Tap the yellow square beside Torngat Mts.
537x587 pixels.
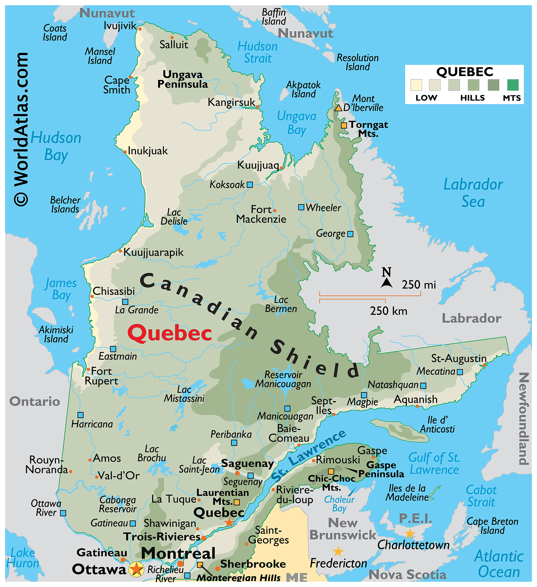pyautogui.click(x=344, y=125)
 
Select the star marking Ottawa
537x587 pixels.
pyautogui.click(x=136, y=569)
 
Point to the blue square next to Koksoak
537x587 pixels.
pyautogui.click(x=250, y=185)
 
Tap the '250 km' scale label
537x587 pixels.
pyautogui.click(x=389, y=311)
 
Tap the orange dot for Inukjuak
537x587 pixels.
pyautogui.click(x=125, y=152)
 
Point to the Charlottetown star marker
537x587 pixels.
pyautogui.click(x=409, y=534)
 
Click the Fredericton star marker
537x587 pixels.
pyautogui.click(x=338, y=551)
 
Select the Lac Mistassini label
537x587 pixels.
pyautogui.click(x=184, y=394)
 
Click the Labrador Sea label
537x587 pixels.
pyautogui.click(x=473, y=193)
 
